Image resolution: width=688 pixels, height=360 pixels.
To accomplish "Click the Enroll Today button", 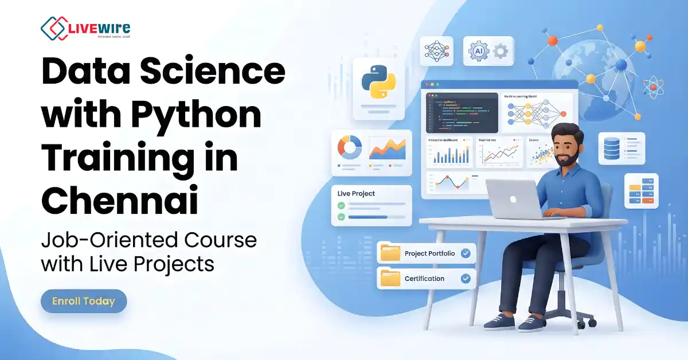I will [x=84, y=301].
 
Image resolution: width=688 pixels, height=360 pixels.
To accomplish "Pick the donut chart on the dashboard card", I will [x=349, y=147].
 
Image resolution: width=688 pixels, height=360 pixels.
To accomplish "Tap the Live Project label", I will [x=357, y=194].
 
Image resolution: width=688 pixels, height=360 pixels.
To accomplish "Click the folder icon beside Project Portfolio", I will [x=390, y=253].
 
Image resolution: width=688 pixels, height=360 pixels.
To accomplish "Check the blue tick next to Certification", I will [x=466, y=279].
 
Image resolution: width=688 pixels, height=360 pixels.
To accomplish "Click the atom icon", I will [x=652, y=87].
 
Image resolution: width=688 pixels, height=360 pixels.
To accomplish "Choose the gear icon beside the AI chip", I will [x=500, y=51].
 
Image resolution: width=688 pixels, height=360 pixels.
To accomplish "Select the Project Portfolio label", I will [x=429, y=253].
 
